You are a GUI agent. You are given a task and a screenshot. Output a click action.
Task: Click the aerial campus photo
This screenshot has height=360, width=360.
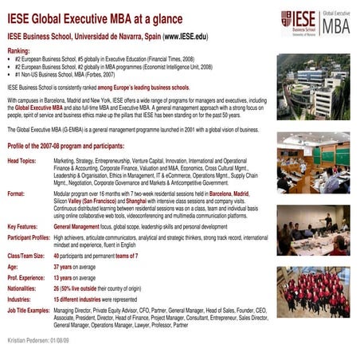coord(312,85)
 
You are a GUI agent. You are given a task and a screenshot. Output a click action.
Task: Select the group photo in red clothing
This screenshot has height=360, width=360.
coord(313,292)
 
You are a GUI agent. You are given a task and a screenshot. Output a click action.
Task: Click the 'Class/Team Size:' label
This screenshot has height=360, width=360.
coord(26,256)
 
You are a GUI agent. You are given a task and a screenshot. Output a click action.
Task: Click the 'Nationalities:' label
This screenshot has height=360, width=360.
coord(22,288)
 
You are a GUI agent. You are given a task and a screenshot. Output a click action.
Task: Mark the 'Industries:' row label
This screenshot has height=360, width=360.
coord(20,298)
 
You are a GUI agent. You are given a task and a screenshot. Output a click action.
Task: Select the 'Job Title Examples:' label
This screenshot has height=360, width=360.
coord(29,308)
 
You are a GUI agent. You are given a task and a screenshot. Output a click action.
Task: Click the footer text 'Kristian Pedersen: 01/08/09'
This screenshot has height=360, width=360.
coord(38,339)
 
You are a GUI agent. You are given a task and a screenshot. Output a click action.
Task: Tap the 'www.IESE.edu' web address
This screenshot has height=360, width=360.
coord(186,37)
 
